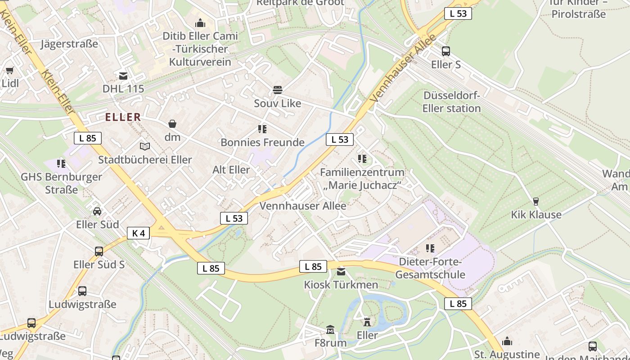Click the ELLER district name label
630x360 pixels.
click(x=123, y=117)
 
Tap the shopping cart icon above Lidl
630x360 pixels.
click(x=9, y=70)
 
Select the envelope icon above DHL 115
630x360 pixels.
click(x=123, y=76)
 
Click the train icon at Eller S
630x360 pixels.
click(x=445, y=51)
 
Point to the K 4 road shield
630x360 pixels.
click(x=138, y=233)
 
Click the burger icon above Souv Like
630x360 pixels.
click(x=277, y=90)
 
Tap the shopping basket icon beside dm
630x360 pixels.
click(x=172, y=124)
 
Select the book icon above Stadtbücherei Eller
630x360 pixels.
click(x=144, y=146)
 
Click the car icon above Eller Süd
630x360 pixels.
click(x=97, y=211)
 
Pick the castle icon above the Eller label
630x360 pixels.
click(x=367, y=322)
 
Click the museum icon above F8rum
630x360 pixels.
click(x=330, y=330)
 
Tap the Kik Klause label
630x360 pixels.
click(x=536, y=215)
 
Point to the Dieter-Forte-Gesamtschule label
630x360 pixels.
click(x=430, y=268)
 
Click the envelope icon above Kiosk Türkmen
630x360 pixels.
click(x=341, y=271)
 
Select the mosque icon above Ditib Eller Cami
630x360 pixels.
click(x=200, y=22)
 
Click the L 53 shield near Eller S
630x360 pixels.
click(x=458, y=13)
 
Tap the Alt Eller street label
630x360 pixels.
click(x=231, y=170)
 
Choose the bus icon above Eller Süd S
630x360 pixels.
click(x=99, y=251)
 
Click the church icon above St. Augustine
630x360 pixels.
click(x=507, y=341)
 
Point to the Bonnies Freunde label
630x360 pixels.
click(x=262, y=143)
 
